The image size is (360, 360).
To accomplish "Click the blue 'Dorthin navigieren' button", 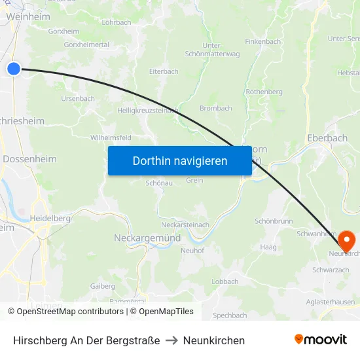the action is click(x=180, y=160).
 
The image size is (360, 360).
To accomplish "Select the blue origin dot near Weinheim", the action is click(x=14, y=68).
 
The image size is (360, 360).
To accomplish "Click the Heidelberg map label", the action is click(x=49, y=217).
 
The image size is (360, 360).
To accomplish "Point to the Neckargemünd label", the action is click(x=147, y=238).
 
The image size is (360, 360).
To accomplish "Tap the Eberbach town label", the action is click(x=327, y=138).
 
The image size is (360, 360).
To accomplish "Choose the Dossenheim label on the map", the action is click(x=30, y=159).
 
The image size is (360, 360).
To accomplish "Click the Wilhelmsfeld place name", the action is click(x=111, y=137).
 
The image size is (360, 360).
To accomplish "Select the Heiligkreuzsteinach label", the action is click(x=148, y=111).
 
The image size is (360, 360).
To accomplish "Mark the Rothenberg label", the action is click(x=264, y=92).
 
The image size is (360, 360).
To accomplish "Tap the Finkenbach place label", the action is click(x=262, y=41).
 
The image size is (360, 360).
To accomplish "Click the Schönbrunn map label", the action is click(x=274, y=221).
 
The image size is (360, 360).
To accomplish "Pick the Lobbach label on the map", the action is click(x=225, y=281).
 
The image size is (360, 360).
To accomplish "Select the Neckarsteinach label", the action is click(x=185, y=225).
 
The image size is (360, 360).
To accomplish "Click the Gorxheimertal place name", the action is click(x=86, y=45).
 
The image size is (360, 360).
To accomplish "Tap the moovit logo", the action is click(x=321, y=339).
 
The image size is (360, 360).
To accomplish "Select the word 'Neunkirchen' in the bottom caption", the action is click(x=214, y=340).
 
